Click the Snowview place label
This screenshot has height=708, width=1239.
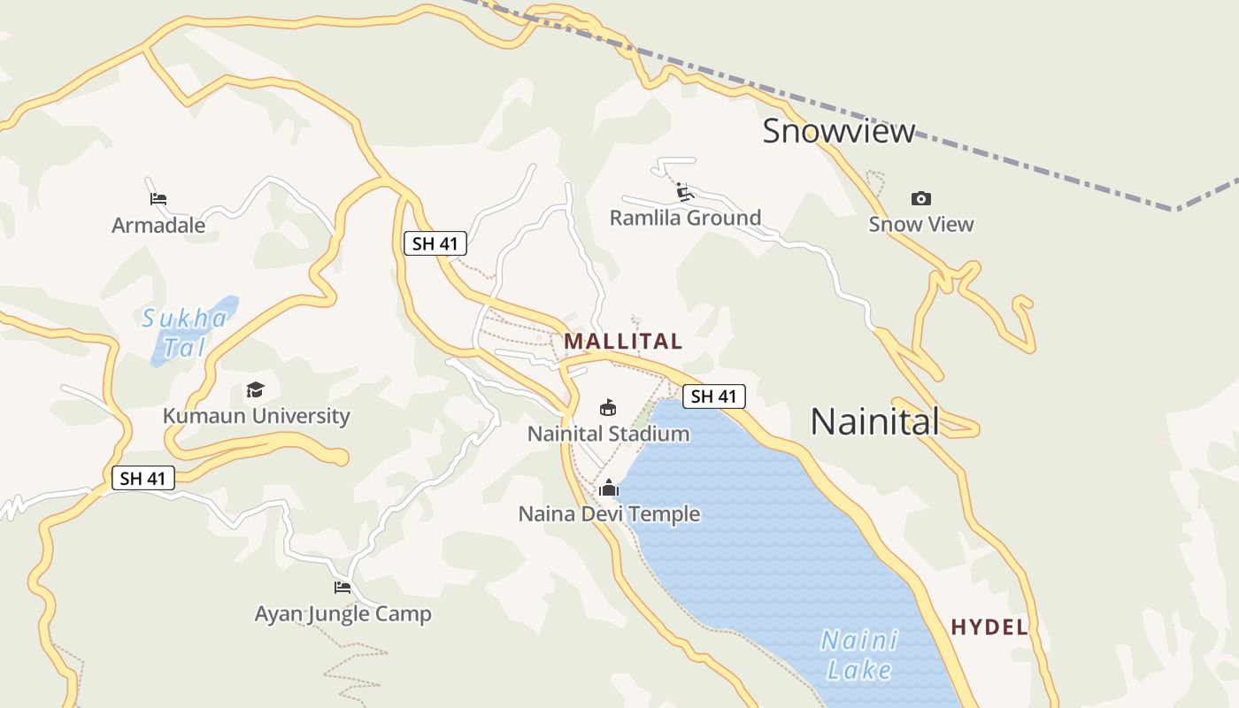click(x=838, y=131)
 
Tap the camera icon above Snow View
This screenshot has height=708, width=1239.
click(x=920, y=198)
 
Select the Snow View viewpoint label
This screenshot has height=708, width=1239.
click(x=920, y=224)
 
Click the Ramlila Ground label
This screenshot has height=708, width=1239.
click(x=685, y=218)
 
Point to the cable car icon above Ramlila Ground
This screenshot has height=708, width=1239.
click(x=683, y=191)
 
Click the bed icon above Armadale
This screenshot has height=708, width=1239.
click(x=158, y=199)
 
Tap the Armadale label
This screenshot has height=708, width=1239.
click(x=158, y=226)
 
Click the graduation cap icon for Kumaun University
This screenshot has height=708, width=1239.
click(x=256, y=389)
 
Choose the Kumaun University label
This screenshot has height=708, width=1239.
click(x=256, y=415)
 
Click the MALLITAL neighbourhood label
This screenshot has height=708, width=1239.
click(x=623, y=341)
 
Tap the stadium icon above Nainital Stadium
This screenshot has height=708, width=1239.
click(x=608, y=408)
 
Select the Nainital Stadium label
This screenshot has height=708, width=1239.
click(x=608, y=434)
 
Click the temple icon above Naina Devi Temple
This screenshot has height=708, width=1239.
click(x=609, y=488)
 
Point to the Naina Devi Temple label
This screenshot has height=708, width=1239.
click(x=609, y=514)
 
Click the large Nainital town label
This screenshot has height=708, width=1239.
click(x=874, y=421)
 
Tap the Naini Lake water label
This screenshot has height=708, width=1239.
click(x=858, y=655)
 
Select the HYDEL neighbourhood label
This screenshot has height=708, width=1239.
click(x=989, y=627)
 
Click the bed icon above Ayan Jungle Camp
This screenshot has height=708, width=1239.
click(x=342, y=587)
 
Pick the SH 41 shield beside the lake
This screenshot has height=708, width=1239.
click(x=713, y=396)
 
